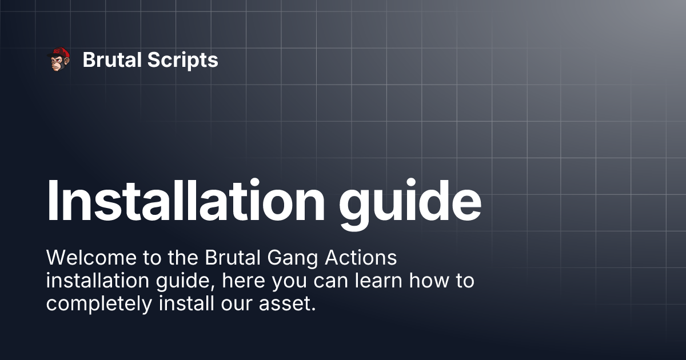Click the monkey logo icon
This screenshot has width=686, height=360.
tap(58, 59)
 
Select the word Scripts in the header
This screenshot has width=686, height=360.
tap(183, 61)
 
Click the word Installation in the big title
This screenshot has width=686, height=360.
tap(186, 199)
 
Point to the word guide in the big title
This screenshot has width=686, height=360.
tap(410, 205)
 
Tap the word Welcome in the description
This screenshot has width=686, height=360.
tap(91, 258)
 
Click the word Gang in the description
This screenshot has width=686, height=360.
tap(293, 259)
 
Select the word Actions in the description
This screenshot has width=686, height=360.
tap(361, 258)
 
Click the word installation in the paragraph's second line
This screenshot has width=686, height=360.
tap(98, 281)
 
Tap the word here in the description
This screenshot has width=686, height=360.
tap(244, 281)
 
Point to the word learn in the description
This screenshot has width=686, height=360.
tap(378, 281)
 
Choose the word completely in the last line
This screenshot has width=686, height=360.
tap(99, 305)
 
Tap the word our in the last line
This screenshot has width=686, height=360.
tap(236, 305)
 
